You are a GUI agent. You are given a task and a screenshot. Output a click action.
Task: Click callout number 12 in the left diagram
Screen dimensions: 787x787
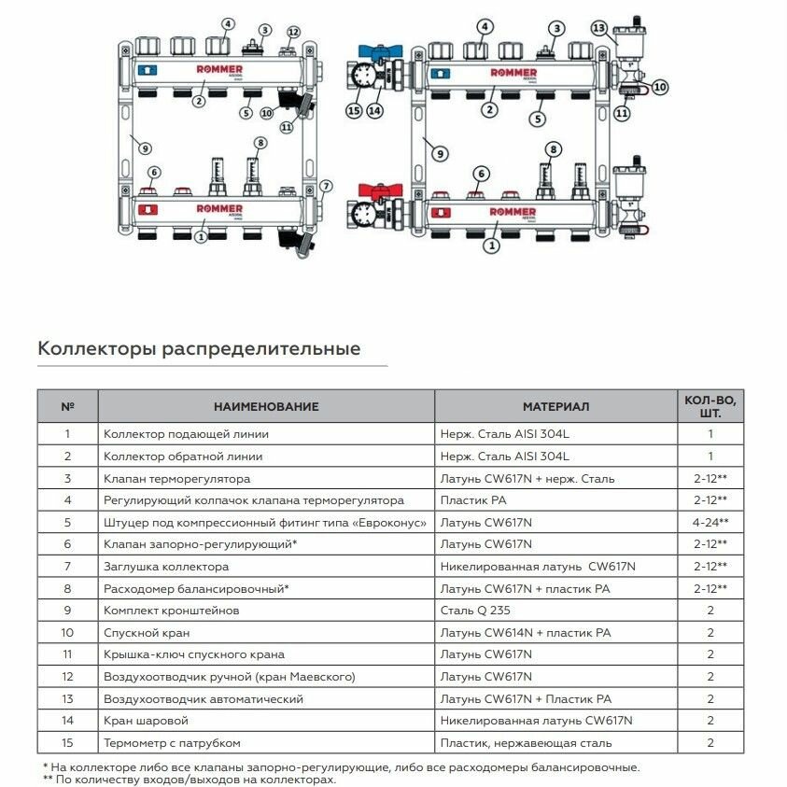(x=294, y=33)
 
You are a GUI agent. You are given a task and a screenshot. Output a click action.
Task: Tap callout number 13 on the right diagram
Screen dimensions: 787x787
(x=598, y=29)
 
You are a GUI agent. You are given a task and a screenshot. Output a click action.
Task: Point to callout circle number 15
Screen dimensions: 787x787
(x=354, y=110)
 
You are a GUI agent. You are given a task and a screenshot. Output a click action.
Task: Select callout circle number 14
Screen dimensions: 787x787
(x=374, y=110)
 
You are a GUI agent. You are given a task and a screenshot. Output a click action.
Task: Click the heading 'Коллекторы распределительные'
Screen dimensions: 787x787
(x=198, y=349)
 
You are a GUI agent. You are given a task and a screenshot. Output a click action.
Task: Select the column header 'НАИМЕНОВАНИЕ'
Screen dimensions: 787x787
(x=266, y=407)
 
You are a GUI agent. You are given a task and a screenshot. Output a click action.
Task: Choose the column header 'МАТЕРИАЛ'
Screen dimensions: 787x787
(x=555, y=407)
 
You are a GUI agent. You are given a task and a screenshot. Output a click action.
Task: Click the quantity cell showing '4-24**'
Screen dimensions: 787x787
(x=710, y=522)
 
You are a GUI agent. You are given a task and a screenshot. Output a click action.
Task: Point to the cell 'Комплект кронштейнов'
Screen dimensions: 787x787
(x=170, y=611)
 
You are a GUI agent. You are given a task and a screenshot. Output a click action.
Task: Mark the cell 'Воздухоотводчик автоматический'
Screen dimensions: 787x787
(x=204, y=699)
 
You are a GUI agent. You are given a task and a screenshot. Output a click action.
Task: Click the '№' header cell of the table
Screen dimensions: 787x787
(x=67, y=407)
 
